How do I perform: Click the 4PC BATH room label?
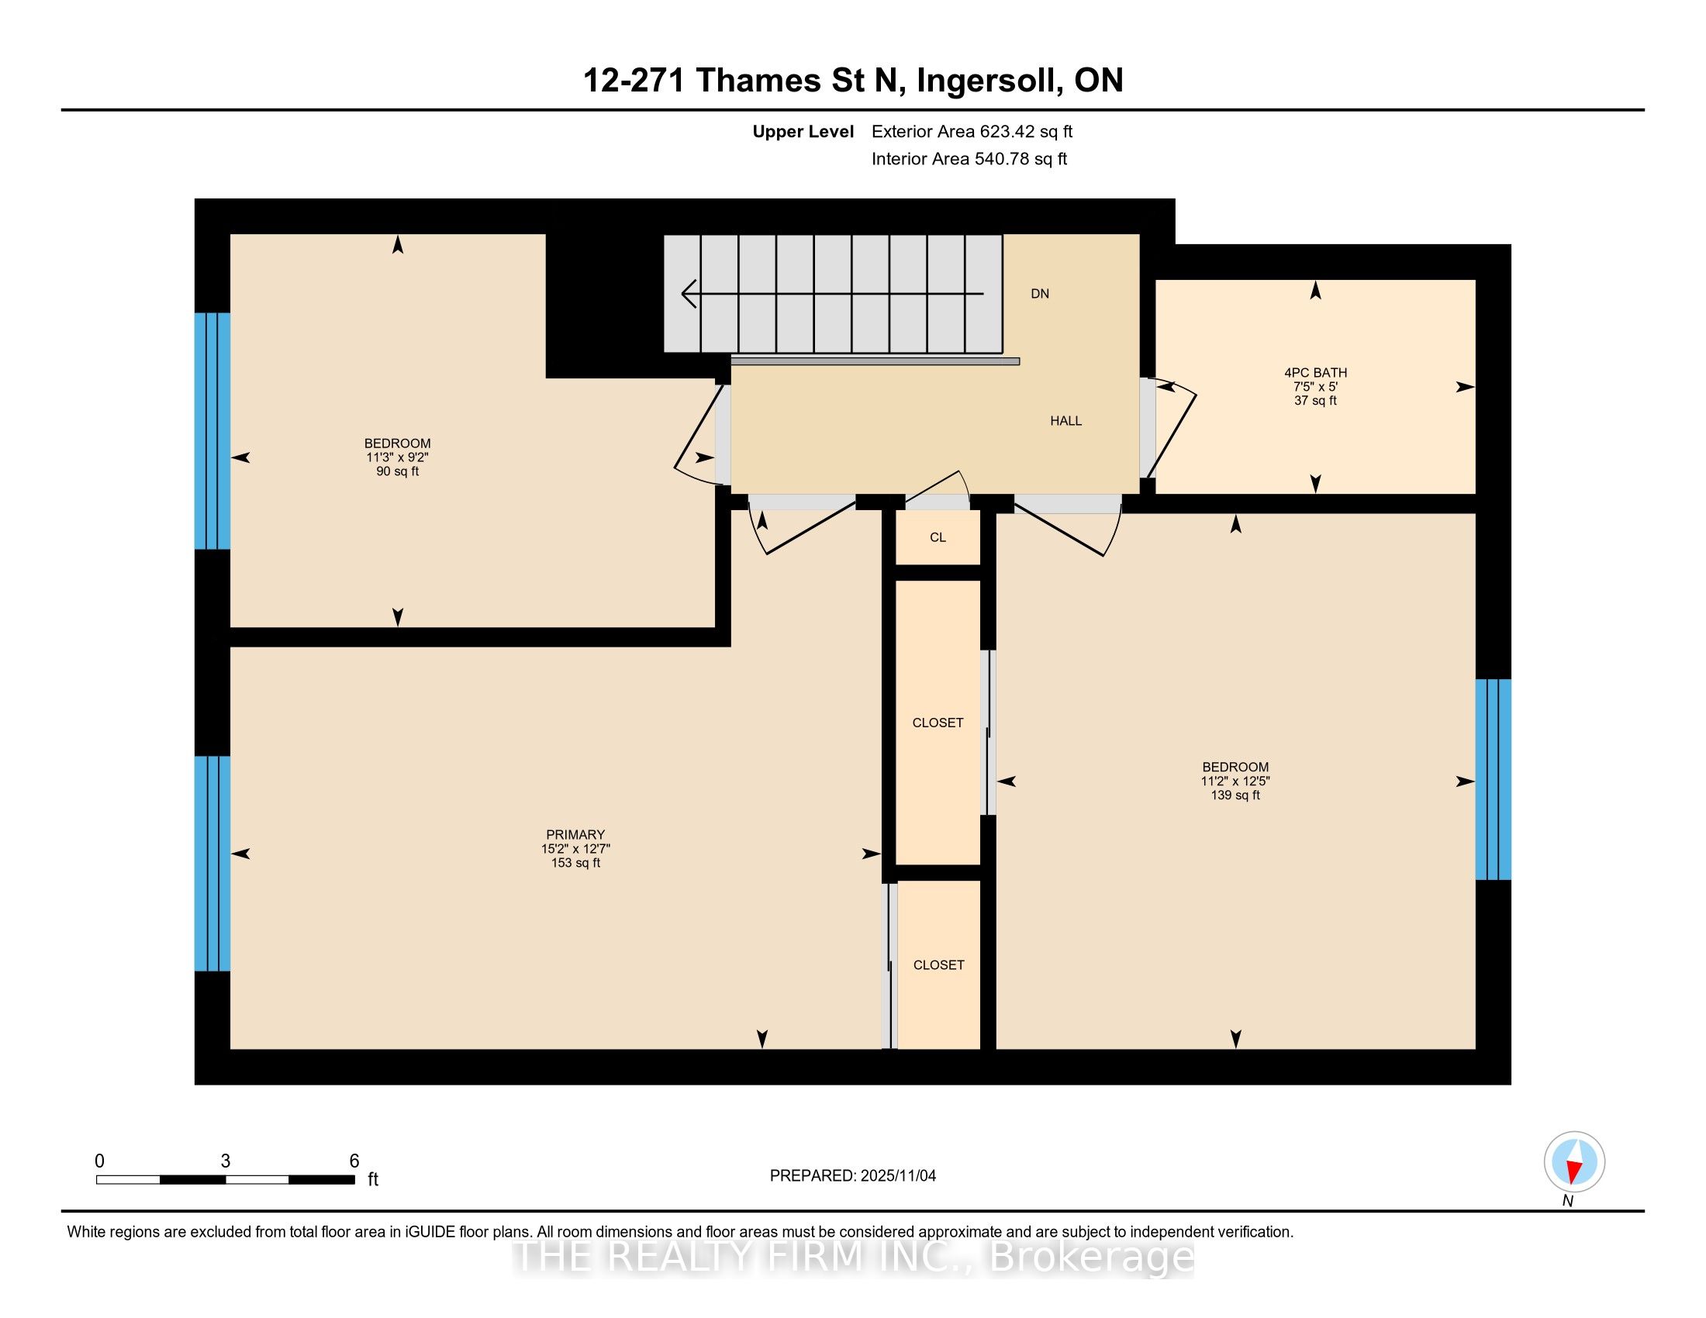[1315, 372]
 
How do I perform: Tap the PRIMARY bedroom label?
[575, 834]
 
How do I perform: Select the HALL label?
[1065, 421]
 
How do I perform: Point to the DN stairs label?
[1040, 294]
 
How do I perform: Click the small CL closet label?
[938, 537]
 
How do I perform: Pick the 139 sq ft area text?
[1235, 795]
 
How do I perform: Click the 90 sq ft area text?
[398, 471]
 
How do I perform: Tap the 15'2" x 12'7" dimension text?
[575, 848]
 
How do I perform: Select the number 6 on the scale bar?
[354, 1161]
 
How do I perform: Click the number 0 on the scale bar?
[99, 1161]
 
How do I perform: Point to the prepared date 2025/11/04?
[896, 1176]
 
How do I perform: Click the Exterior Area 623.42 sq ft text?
[972, 132]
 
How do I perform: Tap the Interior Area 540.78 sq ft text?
[969, 159]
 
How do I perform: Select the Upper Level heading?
[803, 132]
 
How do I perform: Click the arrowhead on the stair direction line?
[688, 294]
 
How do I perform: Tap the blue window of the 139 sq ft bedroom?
[1493, 779]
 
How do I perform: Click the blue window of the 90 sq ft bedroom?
[212, 431]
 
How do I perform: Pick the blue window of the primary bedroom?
[212, 864]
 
